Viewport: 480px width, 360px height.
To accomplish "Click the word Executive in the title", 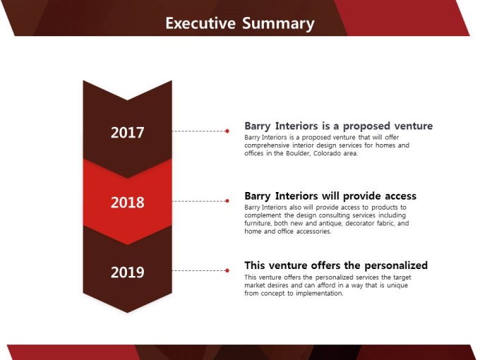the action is pos(200,23).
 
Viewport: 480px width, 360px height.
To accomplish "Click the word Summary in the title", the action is pos(278,24).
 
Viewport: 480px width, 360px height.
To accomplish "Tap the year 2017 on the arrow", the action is pos(127,133).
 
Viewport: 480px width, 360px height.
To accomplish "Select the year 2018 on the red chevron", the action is pos(127,203).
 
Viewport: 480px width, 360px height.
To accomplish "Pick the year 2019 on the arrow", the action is pos(127,272).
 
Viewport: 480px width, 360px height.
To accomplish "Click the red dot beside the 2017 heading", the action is pos(227,131).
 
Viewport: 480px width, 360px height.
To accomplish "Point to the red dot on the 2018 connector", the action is pos(227,200).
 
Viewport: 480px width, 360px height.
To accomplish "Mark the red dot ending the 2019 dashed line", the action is pos(227,270).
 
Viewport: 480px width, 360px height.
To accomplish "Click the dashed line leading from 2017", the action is pos(198,131).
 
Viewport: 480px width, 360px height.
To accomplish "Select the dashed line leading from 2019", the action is pos(198,270).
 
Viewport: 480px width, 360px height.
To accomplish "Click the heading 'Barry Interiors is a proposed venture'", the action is pos(339,126).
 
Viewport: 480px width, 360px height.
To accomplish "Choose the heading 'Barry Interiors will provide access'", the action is pos(330,196).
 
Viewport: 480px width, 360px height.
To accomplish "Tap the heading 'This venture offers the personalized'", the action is pos(336,265).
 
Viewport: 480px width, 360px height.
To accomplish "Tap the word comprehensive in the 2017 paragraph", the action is pos(267,145).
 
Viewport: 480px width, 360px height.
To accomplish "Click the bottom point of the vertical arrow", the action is pos(127,313).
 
